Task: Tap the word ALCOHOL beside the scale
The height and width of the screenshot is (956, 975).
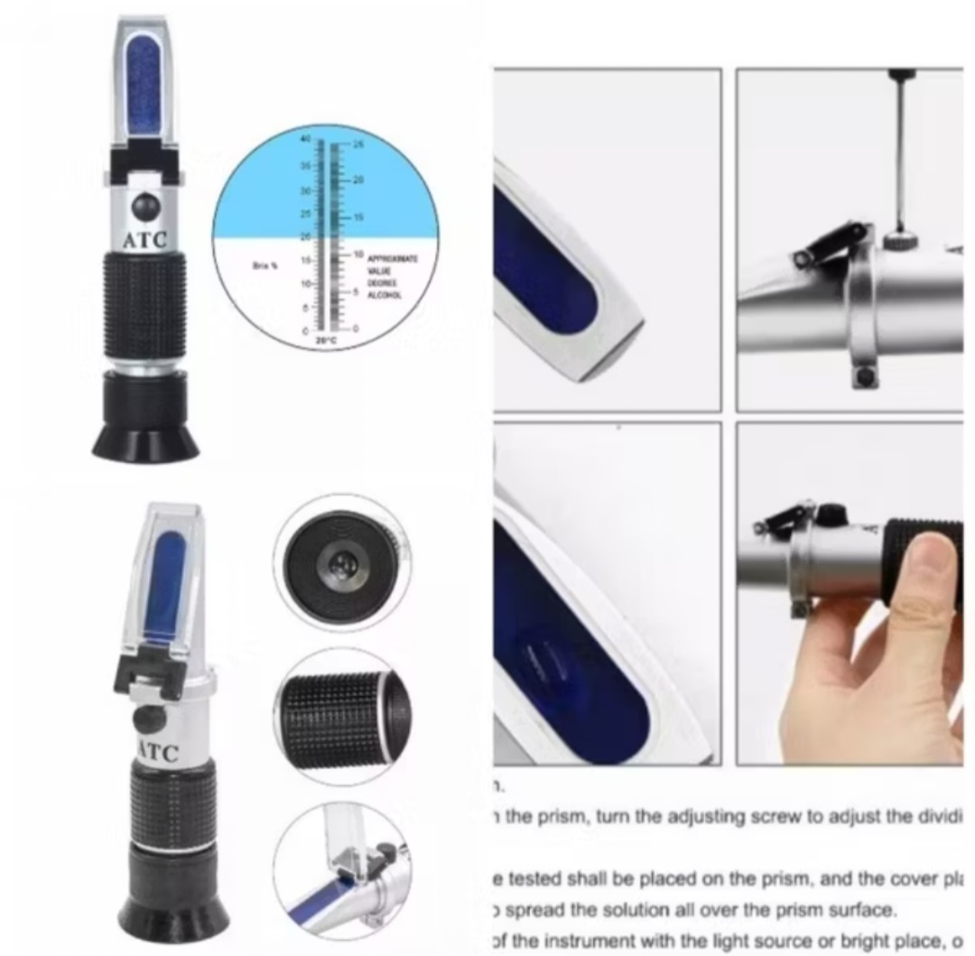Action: [x=385, y=295]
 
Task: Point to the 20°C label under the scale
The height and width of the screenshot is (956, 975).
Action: [x=322, y=340]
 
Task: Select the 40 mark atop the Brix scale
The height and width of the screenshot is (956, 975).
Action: [x=305, y=139]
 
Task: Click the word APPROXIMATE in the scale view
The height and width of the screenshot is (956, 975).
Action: [x=392, y=259]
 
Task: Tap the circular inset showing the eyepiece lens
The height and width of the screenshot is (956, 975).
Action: [x=340, y=562]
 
